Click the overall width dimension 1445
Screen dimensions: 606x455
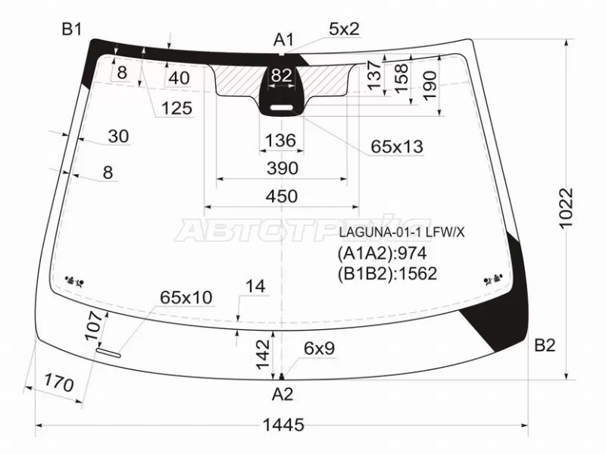(283, 425)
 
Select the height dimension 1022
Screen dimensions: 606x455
(567, 209)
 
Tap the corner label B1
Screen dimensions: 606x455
(72, 29)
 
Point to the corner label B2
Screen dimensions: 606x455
(545, 345)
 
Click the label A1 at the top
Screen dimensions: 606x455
(283, 39)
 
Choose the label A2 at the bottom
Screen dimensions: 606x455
(283, 394)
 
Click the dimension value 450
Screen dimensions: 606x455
(282, 196)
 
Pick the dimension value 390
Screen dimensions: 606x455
(283, 168)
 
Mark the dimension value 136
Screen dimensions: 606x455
(281, 140)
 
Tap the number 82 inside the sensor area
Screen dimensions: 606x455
(281, 75)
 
